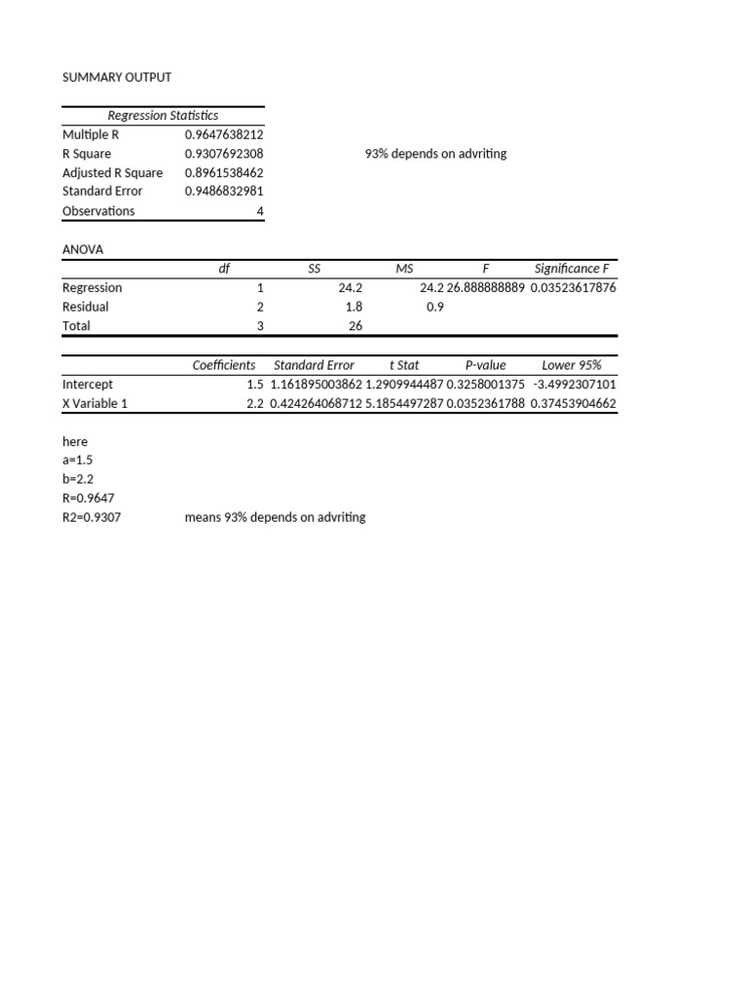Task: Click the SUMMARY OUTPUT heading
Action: click(x=117, y=77)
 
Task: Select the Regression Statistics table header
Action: click(x=163, y=116)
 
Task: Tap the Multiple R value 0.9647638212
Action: click(x=224, y=134)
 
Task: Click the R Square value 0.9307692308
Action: click(x=224, y=154)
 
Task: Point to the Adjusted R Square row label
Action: click(x=112, y=172)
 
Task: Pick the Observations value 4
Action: click(x=260, y=211)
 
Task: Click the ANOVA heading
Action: click(x=83, y=249)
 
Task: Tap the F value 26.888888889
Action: click(x=485, y=288)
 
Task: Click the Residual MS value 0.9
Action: click(x=435, y=307)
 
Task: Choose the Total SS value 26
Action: click(x=355, y=326)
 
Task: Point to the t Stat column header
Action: click(x=404, y=365)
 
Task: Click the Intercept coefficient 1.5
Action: click(x=255, y=385)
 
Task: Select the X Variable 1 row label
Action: click(x=94, y=403)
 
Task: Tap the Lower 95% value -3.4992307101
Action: click(x=575, y=385)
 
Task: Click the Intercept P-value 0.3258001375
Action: click(x=485, y=385)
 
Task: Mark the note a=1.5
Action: click(x=77, y=461)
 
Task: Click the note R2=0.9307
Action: click(x=92, y=518)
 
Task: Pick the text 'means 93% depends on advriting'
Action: click(x=275, y=518)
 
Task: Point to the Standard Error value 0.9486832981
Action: click(x=224, y=192)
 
